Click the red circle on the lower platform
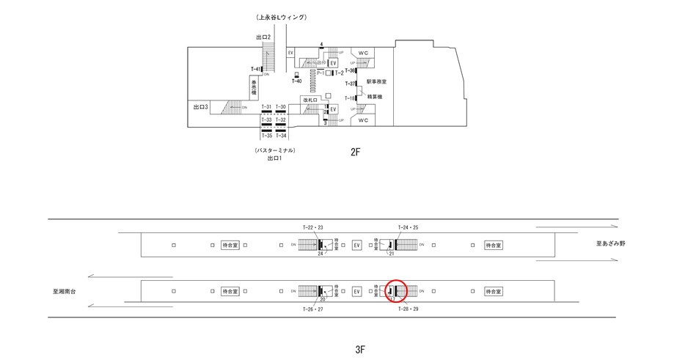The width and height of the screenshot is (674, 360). [x=395, y=291]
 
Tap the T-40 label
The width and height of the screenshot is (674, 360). [x=296, y=81]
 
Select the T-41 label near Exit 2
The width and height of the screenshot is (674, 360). [x=255, y=70]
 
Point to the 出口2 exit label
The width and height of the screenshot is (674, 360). [x=264, y=37]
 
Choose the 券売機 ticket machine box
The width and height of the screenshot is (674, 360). [x=254, y=88]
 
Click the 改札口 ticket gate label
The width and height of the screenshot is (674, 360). [x=309, y=100]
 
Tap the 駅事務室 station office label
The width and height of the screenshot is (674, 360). [x=376, y=82]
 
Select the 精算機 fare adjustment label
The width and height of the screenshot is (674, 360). [x=375, y=97]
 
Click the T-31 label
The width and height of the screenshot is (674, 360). [x=266, y=107]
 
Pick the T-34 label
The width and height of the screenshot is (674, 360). [x=281, y=136]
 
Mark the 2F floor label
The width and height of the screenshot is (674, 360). [x=356, y=153]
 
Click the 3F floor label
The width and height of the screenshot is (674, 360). [x=360, y=349]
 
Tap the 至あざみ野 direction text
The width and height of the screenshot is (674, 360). [x=610, y=243]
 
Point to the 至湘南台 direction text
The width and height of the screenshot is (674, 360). [x=65, y=291]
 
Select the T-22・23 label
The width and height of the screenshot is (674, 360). [x=312, y=228]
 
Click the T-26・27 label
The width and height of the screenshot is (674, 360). [x=312, y=309]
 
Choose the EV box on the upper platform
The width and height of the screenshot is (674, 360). [x=357, y=245]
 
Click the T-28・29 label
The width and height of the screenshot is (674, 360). [x=408, y=309]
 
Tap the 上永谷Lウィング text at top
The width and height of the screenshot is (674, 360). [x=282, y=17]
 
